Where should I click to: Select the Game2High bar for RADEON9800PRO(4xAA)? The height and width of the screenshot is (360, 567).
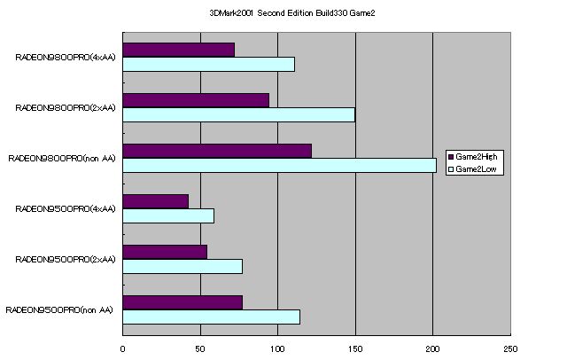coord(178,50)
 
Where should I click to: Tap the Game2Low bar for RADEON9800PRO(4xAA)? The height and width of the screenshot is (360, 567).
coord(208,64)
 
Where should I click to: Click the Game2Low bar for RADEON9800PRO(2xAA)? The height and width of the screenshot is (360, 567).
coord(238,114)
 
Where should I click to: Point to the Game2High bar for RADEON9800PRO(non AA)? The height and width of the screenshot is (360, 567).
coord(216,151)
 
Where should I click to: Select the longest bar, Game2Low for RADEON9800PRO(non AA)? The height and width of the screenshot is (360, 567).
coord(279,165)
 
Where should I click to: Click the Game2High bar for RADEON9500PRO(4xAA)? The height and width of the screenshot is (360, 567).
coord(155,201)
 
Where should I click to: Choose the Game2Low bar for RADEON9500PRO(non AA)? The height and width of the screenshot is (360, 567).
coord(211,317)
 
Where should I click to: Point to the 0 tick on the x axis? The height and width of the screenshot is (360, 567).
coord(123,348)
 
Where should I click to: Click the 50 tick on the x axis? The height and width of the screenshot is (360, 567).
coord(200,348)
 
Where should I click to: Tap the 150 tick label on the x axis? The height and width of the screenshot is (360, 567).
coord(355,348)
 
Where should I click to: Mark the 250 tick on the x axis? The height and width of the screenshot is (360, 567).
coord(509,348)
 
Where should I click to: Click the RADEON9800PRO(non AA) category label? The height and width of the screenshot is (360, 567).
coord(62,159)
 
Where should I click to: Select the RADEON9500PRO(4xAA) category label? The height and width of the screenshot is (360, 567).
coord(66,209)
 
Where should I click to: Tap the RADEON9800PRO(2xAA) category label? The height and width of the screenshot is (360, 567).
coord(66,108)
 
